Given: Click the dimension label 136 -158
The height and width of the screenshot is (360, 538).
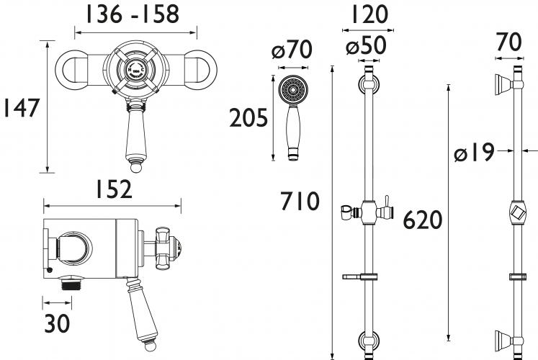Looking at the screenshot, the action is tap(132, 14).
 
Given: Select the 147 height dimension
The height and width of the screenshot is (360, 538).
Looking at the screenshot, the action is tap(22, 108).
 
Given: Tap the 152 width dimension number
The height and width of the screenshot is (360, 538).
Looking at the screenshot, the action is tap(114, 189).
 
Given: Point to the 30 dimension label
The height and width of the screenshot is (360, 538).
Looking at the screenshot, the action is tap(57, 323).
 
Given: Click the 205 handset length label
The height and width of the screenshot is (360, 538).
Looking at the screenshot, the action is tap(248, 117).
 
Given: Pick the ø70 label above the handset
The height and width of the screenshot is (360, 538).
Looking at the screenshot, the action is tap(292, 50).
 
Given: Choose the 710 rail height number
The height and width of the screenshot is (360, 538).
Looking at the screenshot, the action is tap(300, 201).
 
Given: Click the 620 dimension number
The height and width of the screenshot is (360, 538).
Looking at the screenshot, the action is tap(422, 220).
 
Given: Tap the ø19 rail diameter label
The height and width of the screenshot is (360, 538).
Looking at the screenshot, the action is tap(474, 152).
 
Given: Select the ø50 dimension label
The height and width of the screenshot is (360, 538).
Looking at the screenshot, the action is tap(366, 45).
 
